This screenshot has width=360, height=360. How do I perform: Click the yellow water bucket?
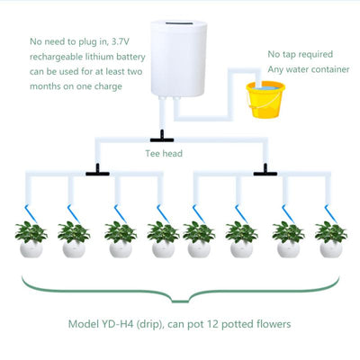(x=265, y=100)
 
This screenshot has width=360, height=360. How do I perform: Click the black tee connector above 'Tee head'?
(x=162, y=137)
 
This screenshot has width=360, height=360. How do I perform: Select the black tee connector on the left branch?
(x=97, y=171)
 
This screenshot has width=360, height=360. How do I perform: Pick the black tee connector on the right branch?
(x=265, y=171)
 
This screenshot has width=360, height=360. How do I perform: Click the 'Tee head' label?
(x=164, y=154)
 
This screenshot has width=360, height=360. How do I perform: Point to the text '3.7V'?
(x=120, y=41)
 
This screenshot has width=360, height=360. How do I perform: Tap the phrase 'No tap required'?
(x=301, y=54)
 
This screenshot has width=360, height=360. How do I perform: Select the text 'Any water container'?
(x=309, y=69)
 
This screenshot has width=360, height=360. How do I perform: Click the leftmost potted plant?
(x=31, y=239)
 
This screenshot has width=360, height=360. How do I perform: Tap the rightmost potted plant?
(x=331, y=239)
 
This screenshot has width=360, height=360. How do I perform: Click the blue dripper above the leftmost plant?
(x=31, y=213)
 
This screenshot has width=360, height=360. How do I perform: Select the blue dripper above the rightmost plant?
(x=330, y=213)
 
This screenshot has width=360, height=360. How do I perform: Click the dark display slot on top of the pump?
(x=179, y=23)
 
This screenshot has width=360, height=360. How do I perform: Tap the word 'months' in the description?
(x=46, y=86)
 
